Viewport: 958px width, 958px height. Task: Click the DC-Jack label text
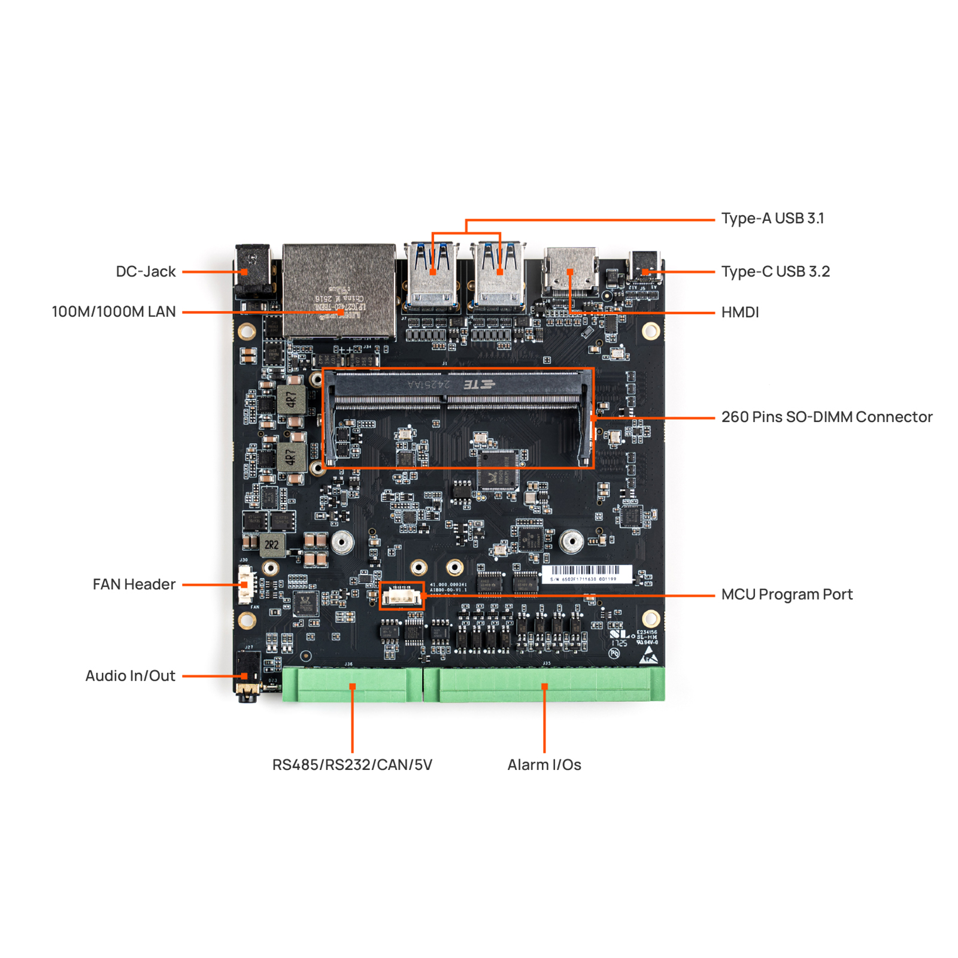click(x=145, y=271)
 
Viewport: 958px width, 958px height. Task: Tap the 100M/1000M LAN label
click(x=114, y=311)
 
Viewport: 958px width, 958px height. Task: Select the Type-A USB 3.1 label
click(x=772, y=219)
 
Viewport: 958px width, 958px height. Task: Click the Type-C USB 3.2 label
click(x=775, y=271)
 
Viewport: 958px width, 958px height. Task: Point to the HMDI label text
click(x=739, y=312)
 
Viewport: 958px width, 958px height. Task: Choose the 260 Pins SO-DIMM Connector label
click(x=826, y=417)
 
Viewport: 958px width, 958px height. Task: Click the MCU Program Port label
click(x=786, y=594)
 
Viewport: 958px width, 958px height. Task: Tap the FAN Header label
click(x=134, y=584)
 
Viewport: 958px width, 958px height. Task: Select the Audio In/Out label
click(x=130, y=675)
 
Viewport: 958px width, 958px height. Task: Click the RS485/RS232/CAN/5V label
click(x=352, y=765)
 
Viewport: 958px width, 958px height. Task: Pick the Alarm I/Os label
click(x=544, y=765)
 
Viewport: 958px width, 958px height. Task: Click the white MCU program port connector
click(x=402, y=596)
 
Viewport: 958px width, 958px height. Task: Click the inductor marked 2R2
click(x=271, y=544)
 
